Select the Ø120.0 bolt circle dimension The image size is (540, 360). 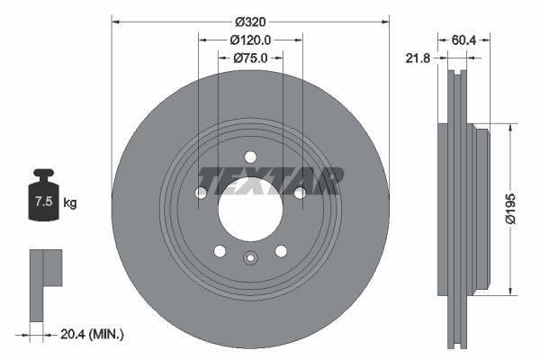(250, 40)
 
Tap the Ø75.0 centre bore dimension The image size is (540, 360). (250, 58)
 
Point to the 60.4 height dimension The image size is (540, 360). (463, 40)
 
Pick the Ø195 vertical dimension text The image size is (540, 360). (509, 206)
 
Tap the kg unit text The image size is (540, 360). (69, 202)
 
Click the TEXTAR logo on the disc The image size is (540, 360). (270, 179)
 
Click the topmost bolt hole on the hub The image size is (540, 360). (250, 157)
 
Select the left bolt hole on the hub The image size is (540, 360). (201, 193)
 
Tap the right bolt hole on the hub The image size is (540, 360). (300, 193)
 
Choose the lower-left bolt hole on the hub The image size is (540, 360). (220, 251)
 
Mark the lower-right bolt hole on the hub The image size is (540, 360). (281, 251)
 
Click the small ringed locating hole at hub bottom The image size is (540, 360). (250, 259)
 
